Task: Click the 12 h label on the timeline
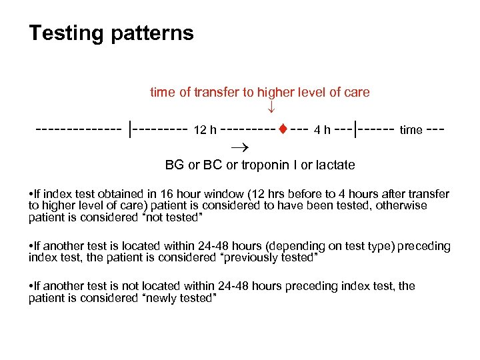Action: pos(204,130)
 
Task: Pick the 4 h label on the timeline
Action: pos(322,130)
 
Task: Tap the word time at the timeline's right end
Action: pos(411,130)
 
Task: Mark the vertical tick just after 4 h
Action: pos(358,128)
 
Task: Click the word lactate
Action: pos(334,165)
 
